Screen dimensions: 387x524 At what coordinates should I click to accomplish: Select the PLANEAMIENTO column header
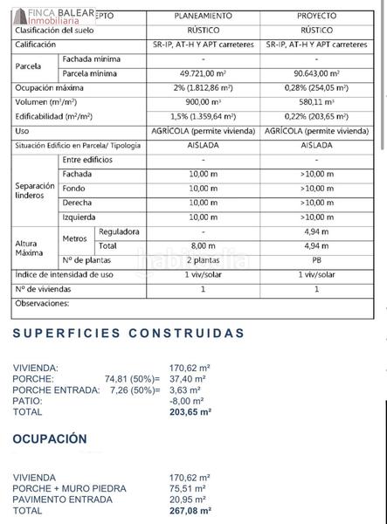[x=203, y=14]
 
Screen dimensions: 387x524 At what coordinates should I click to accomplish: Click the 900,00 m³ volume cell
[x=203, y=103]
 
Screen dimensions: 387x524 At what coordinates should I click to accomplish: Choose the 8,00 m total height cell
[x=203, y=246]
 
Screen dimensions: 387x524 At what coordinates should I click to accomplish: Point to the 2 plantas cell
[x=203, y=260]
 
